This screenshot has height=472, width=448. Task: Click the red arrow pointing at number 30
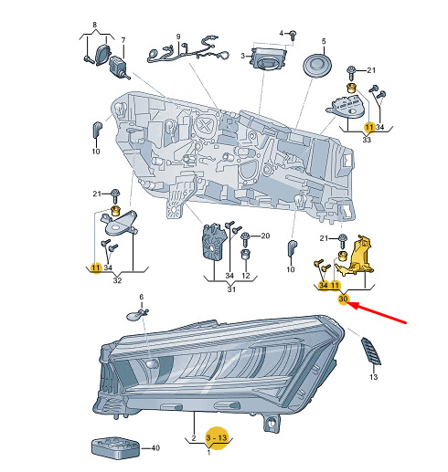point(378,312)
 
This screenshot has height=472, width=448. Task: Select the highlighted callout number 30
point(343,299)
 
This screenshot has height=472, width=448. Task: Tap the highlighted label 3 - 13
point(217,438)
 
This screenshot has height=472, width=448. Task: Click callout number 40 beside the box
point(155,448)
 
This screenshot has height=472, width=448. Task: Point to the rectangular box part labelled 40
point(115,447)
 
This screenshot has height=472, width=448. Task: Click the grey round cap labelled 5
point(317,67)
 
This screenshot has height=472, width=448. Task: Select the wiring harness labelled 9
point(188,53)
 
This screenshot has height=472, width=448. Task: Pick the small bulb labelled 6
point(137,315)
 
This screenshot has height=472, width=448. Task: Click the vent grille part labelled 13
point(371,351)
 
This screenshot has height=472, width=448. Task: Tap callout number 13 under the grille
point(373,377)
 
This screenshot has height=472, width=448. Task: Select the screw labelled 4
point(293,35)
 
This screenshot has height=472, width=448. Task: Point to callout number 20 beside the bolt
point(265,236)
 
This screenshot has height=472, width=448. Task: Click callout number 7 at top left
point(123,40)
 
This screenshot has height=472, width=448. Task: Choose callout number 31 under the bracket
point(231,289)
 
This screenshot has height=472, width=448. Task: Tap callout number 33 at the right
point(367,140)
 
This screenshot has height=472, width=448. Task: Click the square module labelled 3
point(268,58)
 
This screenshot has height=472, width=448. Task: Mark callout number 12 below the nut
point(246,276)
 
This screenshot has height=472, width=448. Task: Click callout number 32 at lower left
point(117,280)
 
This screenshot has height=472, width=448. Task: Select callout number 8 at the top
point(95,25)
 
